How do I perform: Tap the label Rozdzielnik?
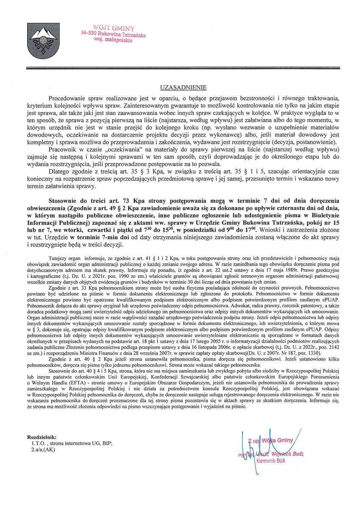[x=41, y=437]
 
